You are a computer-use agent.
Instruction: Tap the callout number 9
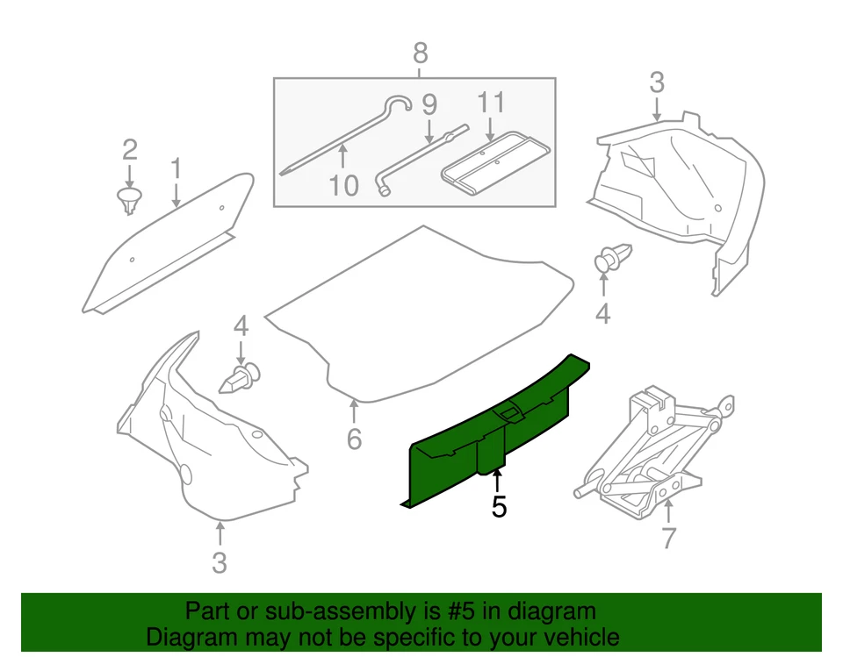point(429,106)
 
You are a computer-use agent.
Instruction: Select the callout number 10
point(344,185)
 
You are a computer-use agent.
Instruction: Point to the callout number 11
point(491,103)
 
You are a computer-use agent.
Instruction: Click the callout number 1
point(176,168)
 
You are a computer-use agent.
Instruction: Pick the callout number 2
point(129,147)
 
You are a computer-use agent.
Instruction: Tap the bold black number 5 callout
point(499,507)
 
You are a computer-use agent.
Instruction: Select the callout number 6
point(353,438)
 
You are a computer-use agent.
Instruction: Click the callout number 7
point(669,538)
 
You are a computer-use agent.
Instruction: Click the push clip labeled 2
point(130,199)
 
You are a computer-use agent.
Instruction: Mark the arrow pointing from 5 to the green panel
point(498,482)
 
